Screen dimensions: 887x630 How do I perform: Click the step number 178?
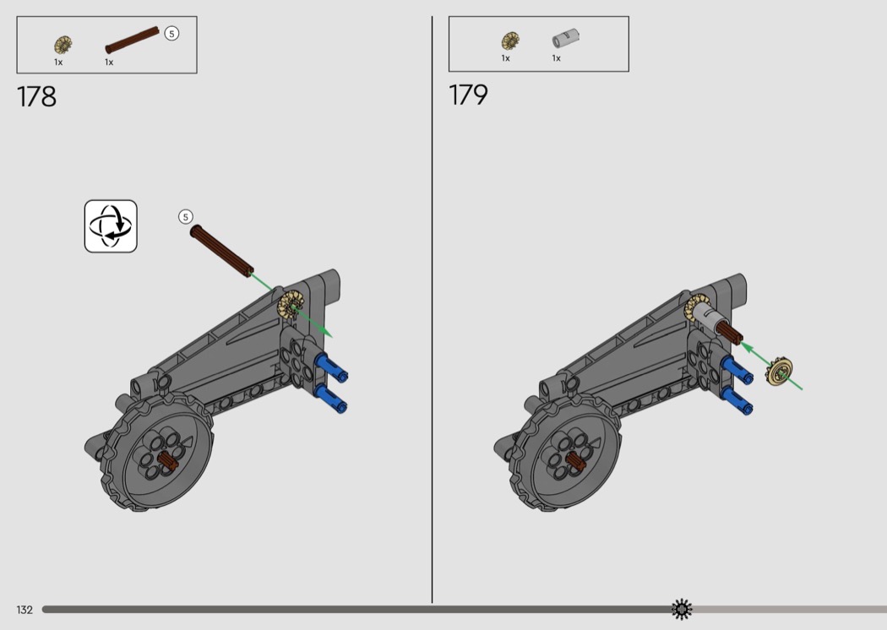click(x=37, y=97)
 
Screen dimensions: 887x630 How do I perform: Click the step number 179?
click(x=468, y=95)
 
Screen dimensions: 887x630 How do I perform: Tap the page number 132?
click(x=24, y=610)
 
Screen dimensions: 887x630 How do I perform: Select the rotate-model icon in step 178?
click(x=111, y=226)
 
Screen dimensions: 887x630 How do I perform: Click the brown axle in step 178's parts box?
click(x=133, y=40)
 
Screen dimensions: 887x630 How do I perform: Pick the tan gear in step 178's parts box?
click(x=63, y=45)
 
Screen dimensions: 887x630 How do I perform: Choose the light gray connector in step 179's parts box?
click(x=566, y=39)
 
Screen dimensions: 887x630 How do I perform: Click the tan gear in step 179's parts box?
click(x=510, y=41)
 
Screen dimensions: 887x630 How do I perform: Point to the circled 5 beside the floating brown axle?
click(x=186, y=216)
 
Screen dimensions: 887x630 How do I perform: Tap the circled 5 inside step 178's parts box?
click(x=171, y=34)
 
